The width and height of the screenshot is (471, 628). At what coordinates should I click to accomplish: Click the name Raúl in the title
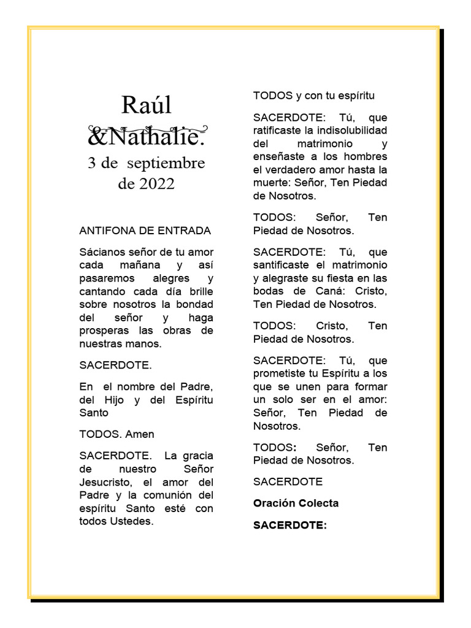tap(147, 105)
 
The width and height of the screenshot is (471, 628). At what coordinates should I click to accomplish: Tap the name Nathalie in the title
tap(153, 136)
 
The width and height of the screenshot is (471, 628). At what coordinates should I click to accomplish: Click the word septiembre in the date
tap(166, 164)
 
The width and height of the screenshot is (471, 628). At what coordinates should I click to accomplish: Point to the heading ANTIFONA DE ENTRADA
tap(145, 231)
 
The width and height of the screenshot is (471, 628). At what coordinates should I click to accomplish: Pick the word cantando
tap(101, 291)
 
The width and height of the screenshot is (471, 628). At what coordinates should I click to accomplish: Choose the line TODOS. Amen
tap(117, 434)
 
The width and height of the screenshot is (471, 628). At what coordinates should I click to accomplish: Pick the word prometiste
tap(283, 373)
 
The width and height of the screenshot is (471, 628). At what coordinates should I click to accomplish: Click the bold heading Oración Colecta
tap(296, 504)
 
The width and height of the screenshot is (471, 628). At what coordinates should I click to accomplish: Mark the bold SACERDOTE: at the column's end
tap(290, 525)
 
